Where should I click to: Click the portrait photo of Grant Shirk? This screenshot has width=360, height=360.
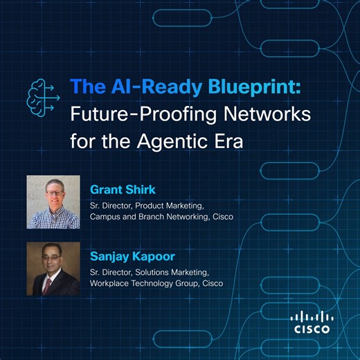click(x=53, y=201)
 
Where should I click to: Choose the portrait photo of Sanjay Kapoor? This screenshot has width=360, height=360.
click(x=53, y=269)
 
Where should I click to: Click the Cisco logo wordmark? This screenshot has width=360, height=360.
click(x=312, y=330)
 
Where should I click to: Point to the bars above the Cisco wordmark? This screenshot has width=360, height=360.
click(x=312, y=317)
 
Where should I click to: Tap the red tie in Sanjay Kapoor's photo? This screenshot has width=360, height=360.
click(x=48, y=284)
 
